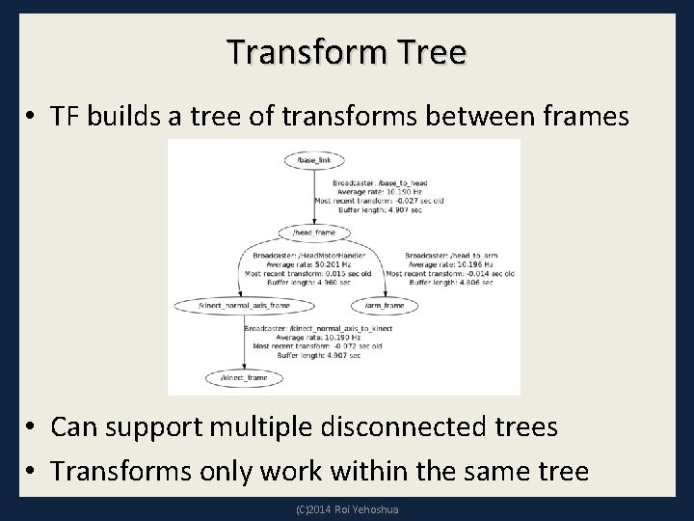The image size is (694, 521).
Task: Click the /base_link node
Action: click(x=316, y=158)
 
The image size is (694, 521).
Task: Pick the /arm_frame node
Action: click(x=386, y=305)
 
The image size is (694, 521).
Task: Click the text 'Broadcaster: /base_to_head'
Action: click(x=380, y=182)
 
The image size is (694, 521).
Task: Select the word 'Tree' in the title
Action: click(x=429, y=52)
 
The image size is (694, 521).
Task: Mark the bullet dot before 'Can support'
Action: click(x=32, y=426)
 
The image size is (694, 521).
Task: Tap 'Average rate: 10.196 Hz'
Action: click(x=451, y=263)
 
